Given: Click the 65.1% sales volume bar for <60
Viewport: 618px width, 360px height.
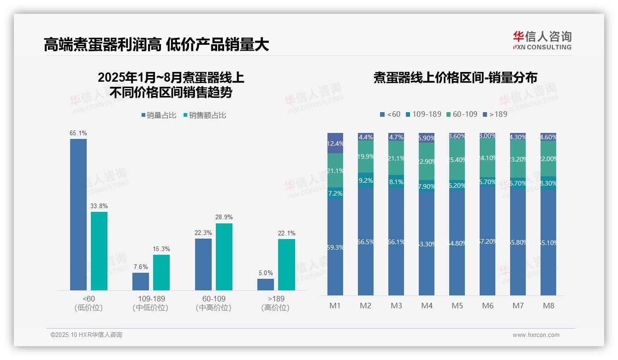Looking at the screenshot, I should pos(78,215).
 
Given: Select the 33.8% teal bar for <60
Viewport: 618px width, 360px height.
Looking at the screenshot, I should pos(99,251).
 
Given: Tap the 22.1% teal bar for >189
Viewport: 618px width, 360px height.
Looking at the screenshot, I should pos(286,264).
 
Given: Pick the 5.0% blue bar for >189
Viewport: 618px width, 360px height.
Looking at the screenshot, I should pos(266,284).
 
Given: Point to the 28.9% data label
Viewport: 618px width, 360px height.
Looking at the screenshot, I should pos(224,217).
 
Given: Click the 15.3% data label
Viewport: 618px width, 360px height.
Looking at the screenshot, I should pos(161,249).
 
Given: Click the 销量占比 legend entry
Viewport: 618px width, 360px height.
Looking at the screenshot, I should pos(159,115).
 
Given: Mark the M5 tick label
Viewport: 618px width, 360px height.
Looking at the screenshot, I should pos(457,306).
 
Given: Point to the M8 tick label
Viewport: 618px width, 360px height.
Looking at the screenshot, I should pos(548,306).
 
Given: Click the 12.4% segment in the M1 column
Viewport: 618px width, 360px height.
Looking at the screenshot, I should pos(335,143).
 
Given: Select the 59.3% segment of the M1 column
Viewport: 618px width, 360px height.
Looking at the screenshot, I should pos(335,247).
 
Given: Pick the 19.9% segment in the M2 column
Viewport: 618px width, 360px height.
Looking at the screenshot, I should pos(366,157).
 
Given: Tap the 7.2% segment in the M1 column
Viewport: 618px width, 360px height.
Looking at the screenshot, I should pos(335,193).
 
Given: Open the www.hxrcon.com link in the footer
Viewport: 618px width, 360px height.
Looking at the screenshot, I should pos(536,335).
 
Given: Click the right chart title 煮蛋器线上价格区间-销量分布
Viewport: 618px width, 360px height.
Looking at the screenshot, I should pos(455,78).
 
